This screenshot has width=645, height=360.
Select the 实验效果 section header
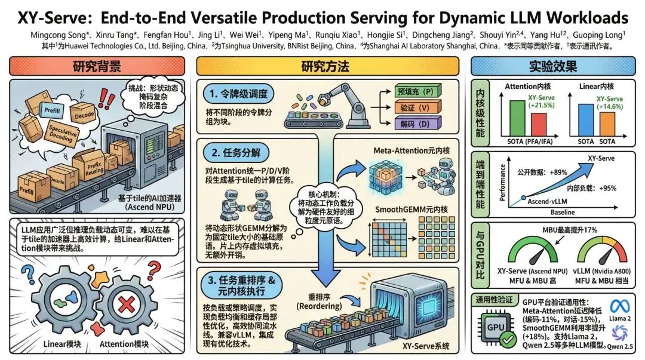coord(553,66)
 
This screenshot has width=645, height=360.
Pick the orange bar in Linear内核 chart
coord(607,125)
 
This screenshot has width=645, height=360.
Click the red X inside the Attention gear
coord(127,306)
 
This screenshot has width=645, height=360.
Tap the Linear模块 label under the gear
coord(63,344)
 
